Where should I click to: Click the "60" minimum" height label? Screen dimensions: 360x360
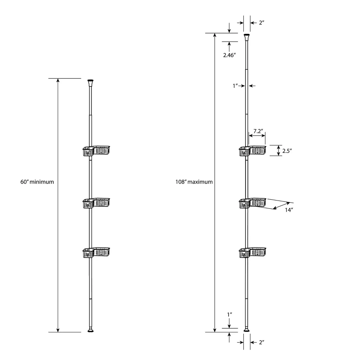pyautogui.click(x=37, y=182)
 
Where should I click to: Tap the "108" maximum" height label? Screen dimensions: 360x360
pyautogui.click(x=194, y=182)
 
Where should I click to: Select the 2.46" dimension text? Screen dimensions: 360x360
pyautogui.click(x=230, y=55)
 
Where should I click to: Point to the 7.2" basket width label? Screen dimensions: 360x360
pyautogui.click(x=258, y=131)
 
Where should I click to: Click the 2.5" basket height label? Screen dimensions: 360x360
pyautogui.click(x=287, y=151)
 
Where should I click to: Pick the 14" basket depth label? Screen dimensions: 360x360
pyautogui.click(x=289, y=210)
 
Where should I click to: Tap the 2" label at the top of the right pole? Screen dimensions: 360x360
pyautogui.click(x=262, y=23)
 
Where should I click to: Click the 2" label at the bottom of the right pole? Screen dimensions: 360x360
pyautogui.click(x=262, y=342)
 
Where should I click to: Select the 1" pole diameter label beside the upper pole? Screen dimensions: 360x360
pyautogui.click(x=235, y=86)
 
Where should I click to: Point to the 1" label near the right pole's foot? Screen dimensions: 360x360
pyautogui.click(x=230, y=315)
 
